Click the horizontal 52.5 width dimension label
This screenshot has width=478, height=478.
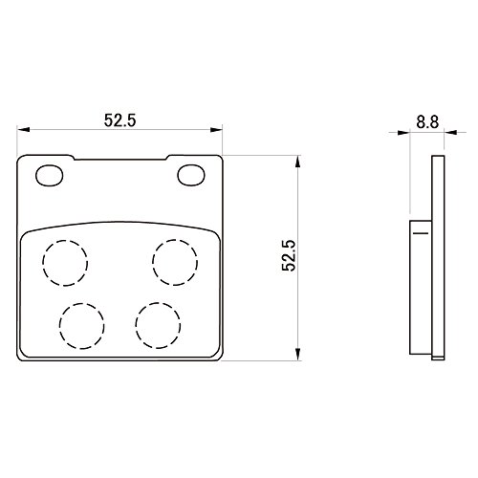click(x=120, y=120)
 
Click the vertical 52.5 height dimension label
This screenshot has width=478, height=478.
click(x=289, y=255)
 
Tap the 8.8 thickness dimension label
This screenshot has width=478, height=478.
click(x=427, y=121)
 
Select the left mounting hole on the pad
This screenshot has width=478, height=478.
click(x=50, y=175)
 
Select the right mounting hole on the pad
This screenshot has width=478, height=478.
click(x=191, y=175)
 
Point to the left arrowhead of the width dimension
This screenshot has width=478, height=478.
click(x=23, y=130)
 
